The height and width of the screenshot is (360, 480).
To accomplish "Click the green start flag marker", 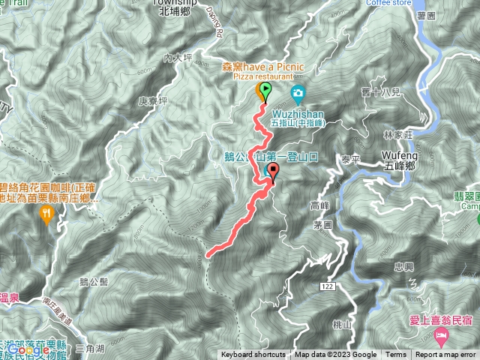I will click(265, 91).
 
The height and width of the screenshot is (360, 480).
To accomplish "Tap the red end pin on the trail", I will click(273, 170).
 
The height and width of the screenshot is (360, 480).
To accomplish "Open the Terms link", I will click(396, 355).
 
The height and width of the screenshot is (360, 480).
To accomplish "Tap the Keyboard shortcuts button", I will click(254, 355).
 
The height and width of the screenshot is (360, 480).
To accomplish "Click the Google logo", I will click(28, 349).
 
